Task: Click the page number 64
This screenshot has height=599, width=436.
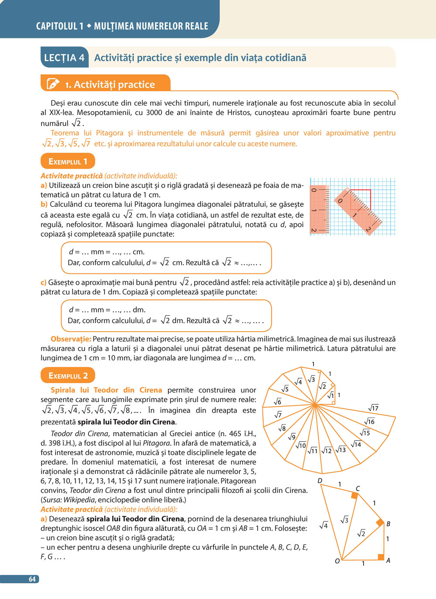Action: pyautogui.click(x=32, y=579)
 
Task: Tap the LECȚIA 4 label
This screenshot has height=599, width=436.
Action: pyautogui.click(x=64, y=58)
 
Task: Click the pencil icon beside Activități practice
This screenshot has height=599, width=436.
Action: pyautogui.click(x=52, y=84)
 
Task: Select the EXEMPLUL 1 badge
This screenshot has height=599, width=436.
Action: pyautogui.click(x=68, y=161)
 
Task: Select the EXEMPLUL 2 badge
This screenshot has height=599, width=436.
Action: pyautogui.click(x=68, y=376)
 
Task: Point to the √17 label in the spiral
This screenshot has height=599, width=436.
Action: pyautogui.click(x=373, y=408)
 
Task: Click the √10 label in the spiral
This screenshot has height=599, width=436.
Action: pyautogui.click(x=301, y=445)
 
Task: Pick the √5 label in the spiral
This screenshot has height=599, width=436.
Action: pyautogui.click(x=285, y=389)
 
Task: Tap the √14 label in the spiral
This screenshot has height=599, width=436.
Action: pyautogui.click(x=356, y=444)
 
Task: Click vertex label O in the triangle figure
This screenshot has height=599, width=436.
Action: pyautogui.click(x=337, y=561)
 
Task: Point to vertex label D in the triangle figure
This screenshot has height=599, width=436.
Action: pyautogui.click(x=320, y=481)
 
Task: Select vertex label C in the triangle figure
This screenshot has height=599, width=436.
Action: pyautogui.click(x=358, y=489)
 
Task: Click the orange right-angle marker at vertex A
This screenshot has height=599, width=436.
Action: pyautogui.click(x=381, y=557)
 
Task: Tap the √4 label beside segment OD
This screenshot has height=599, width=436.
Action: pyautogui.click(x=324, y=525)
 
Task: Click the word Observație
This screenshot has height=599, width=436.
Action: pyautogui.click(x=71, y=339)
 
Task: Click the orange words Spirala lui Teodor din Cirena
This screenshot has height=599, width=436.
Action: pyautogui.click(x=106, y=390)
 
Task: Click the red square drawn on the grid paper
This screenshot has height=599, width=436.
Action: pyautogui.click(x=360, y=200)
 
